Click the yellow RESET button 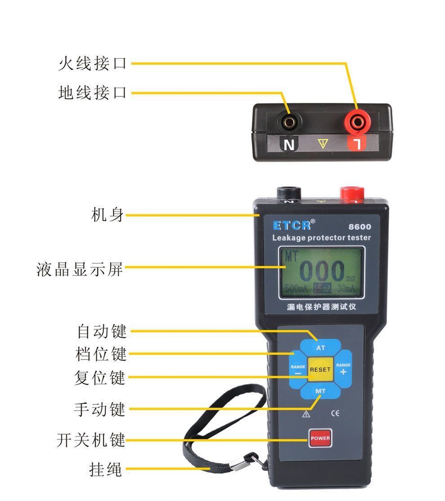[x=320, y=369]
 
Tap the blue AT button [x=320, y=347]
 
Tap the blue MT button [x=320, y=391]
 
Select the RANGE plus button [x=343, y=369]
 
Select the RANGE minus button [x=298, y=370]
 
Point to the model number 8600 [x=360, y=226]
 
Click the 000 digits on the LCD [x=322, y=271]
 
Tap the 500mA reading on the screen [x=296, y=288]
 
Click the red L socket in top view [x=357, y=122]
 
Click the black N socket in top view [x=289, y=122]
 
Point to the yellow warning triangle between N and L [x=323, y=143]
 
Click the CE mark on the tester [x=335, y=413]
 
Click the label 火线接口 [x=93, y=64]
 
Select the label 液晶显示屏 [x=79, y=269]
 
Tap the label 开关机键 [x=91, y=440]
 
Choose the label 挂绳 [x=106, y=469]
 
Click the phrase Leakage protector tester [x=321, y=238]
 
